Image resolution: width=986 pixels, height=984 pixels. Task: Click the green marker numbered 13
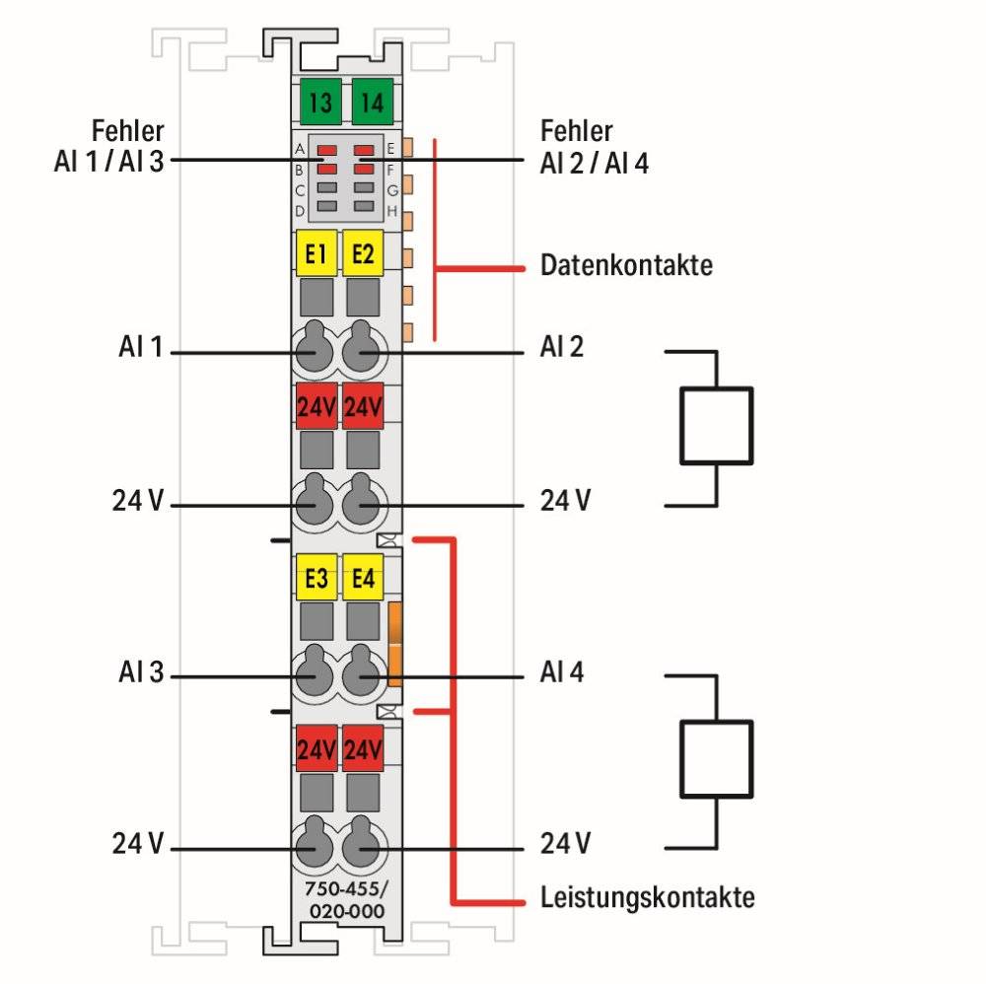pyautogui.click(x=317, y=102)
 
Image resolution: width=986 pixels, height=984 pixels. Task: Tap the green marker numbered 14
pyautogui.click(x=371, y=102)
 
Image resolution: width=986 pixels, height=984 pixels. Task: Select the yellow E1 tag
pyautogui.click(x=317, y=253)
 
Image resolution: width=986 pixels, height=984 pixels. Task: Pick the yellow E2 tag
pyautogui.click(x=363, y=253)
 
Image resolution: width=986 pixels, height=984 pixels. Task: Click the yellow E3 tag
pyautogui.click(x=317, y=578)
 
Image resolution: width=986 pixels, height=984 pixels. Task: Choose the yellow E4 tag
pyautogui.click(x=363, y=578)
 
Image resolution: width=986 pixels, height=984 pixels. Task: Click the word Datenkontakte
pyautogui.click(x=626, y=265)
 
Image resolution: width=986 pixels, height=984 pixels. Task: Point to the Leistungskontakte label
pyautogui.click(x=648, y=898)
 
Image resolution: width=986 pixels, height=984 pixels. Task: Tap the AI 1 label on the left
pyautogui.click(x=141, y=347)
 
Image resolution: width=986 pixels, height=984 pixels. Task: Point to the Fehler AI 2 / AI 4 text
pyautogui.click(x=594, y=147)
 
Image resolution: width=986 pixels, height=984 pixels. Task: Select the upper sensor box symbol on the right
pyautogui.click(x=716, y=425)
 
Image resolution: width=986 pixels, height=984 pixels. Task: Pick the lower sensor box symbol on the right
pyautogui.click(x=716, y=757)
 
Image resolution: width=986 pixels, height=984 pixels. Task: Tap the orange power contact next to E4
pyautogui.click(x=396, y=643)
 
